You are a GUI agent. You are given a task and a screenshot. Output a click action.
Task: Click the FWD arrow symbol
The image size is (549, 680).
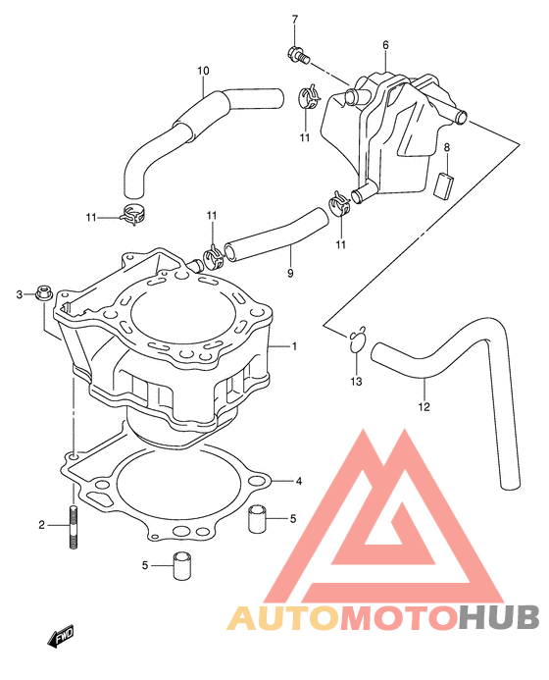click(x=61, y=636)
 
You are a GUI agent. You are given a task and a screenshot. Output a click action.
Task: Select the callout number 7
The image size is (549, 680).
click(x=295, y=20)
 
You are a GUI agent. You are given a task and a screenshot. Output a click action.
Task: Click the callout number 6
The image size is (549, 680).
click(x=385, y=45)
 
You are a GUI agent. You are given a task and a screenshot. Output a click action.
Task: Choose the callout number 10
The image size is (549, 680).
click(x=203, y=71)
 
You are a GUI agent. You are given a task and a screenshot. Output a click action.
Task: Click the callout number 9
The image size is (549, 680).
click(x=290, y=273)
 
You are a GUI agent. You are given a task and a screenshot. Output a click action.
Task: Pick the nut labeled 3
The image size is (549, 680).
click(x=43, y=292)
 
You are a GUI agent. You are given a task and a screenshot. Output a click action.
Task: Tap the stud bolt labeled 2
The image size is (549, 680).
click(x=74, y=527)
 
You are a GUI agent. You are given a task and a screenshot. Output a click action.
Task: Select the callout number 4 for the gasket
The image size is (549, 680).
click(x=299, y=481)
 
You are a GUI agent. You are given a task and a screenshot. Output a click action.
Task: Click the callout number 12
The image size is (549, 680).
click(x=424, y=406)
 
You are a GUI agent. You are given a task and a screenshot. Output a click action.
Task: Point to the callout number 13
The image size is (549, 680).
click(x=356, y=381)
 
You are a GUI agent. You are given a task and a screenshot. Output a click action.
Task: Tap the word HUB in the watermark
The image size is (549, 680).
click(x=499, y=616)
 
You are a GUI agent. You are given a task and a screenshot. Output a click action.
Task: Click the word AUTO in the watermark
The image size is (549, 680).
click(x=282, y=617)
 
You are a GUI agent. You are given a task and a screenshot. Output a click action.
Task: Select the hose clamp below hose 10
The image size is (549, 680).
click(x=132, y=214)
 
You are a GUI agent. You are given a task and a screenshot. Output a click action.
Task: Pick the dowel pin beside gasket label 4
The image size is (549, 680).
click(x=257, y=518)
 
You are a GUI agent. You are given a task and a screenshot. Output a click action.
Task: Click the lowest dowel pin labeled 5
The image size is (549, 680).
click(x=182, y=565)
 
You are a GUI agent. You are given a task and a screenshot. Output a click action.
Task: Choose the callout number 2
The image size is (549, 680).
click(x=41, y=525)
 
